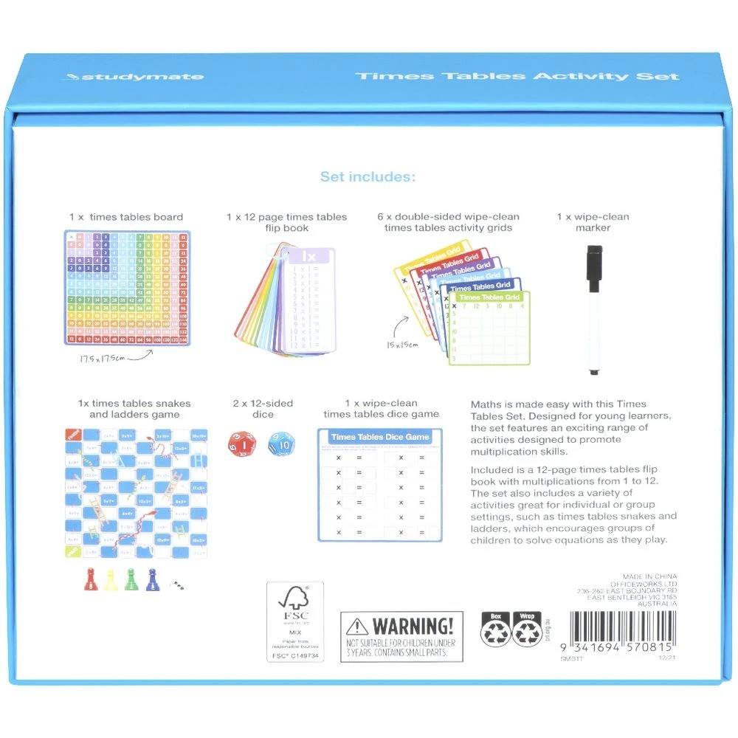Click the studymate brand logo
click(134, 77)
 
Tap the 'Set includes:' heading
click(368, 177)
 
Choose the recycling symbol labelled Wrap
click(527, 632)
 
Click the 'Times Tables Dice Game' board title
click(380, 437)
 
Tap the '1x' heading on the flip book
click(310, 256)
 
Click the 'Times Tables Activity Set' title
click(517, 77)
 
